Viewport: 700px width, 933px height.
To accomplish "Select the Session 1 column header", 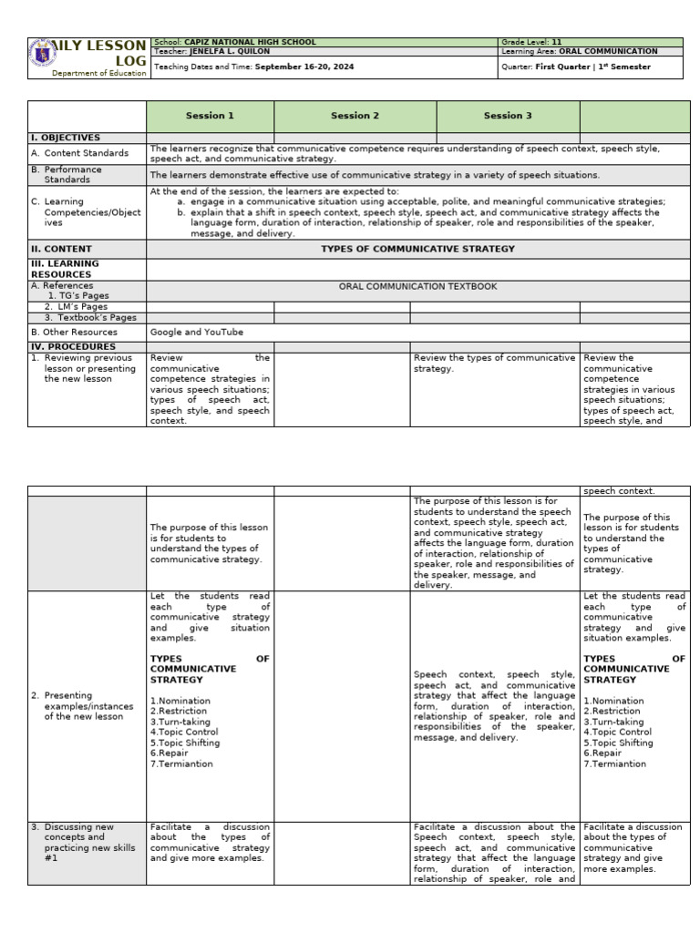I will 210,116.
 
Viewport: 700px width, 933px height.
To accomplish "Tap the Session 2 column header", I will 355,116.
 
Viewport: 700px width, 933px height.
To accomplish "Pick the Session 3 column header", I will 508,116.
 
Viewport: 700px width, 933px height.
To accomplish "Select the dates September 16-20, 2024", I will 304,67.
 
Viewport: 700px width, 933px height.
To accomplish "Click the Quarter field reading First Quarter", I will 564,67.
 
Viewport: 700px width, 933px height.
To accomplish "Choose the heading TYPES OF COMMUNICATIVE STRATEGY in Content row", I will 417,249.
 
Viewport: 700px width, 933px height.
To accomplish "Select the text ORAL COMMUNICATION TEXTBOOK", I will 417,286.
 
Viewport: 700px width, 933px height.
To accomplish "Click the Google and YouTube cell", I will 197,333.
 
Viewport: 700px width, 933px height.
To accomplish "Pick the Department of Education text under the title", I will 98,73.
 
